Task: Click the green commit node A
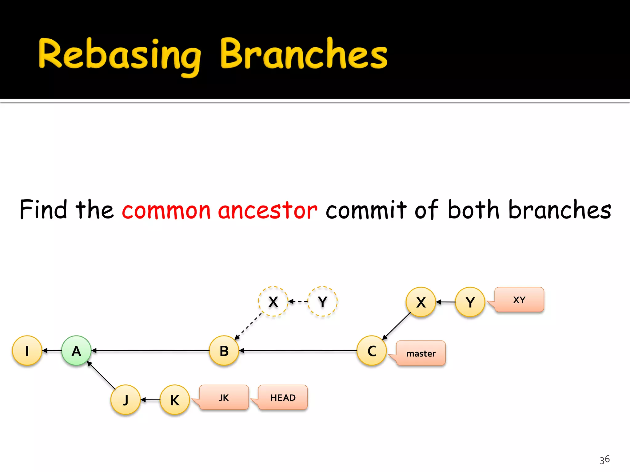coord(76,350)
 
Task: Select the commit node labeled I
coord(27,350)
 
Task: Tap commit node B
coord(224,350)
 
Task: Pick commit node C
coord(372,350)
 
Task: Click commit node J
coord(126,399)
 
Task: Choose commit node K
coord(175,399)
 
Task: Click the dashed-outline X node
coord(273,301)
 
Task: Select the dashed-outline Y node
coord(322,301)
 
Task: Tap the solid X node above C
coord(421,302)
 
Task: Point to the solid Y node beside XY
coord(470,302)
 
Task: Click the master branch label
coord(421,353)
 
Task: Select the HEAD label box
coord(283,397)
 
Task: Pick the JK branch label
coord(224,397)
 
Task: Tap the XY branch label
coord(519,300)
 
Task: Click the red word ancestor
coord(267,210)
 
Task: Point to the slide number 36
coord(604,460)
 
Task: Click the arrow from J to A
coord(101,375)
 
